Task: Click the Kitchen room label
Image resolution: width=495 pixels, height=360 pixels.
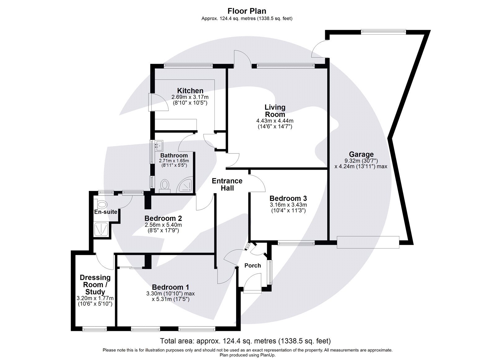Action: [x=190, y=91]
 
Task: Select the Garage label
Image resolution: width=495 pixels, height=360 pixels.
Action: [x=361, y=154]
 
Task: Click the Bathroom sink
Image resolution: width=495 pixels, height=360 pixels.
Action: [x=160, y=145]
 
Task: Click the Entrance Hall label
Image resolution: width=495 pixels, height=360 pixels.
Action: [x=227, y=184]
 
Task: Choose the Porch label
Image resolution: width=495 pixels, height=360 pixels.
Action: [x=252, y=265]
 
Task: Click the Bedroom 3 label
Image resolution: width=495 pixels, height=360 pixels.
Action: [x=288, y=198]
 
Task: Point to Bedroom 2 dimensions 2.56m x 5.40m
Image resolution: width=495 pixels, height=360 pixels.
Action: [x=163, y=225]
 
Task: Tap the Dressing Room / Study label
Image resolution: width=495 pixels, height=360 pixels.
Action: [x=95, y=284]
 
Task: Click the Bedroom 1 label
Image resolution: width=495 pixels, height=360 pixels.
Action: [x=170, y=287]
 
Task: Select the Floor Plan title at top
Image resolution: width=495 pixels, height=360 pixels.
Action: [x=247, y=11]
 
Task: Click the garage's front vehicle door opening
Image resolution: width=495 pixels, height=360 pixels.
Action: [x=368, y=242]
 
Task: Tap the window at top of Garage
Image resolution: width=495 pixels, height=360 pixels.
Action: [x=383, y=31]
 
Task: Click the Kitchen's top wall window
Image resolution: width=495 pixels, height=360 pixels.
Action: [x=188, y=65]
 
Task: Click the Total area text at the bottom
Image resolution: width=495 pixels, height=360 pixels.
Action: [x=245, y=341]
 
